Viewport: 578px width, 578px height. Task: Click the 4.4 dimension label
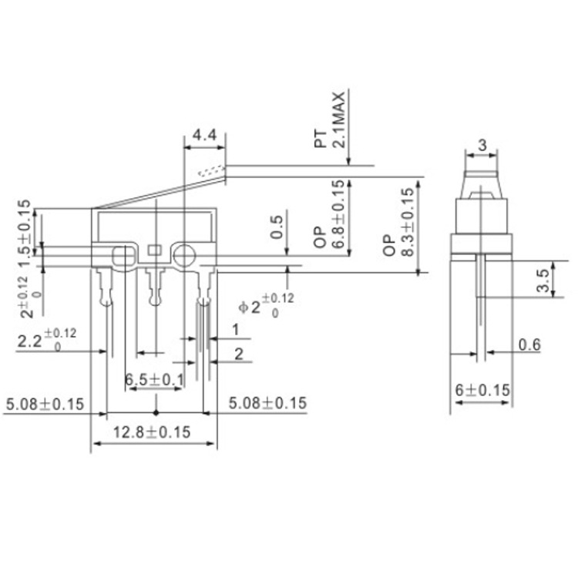click(x=205, y=135)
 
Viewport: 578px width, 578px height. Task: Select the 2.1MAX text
click(x=339, y=119)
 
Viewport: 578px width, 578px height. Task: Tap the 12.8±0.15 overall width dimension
click(x=152, y=432)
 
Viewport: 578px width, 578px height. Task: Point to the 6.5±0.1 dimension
click(x=154, y=379)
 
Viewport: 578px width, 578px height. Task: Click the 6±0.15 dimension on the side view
click(x=482, y=390)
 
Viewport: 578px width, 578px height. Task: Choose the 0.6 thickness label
click(x=529, y=345)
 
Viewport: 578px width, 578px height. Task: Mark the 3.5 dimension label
click(x=544, y=281)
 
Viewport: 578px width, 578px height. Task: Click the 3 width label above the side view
click(x=482, y=145)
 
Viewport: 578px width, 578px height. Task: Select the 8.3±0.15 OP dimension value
click(x=408, y=222)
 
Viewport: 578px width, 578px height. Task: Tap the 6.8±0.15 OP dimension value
click(x=338, y=213)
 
